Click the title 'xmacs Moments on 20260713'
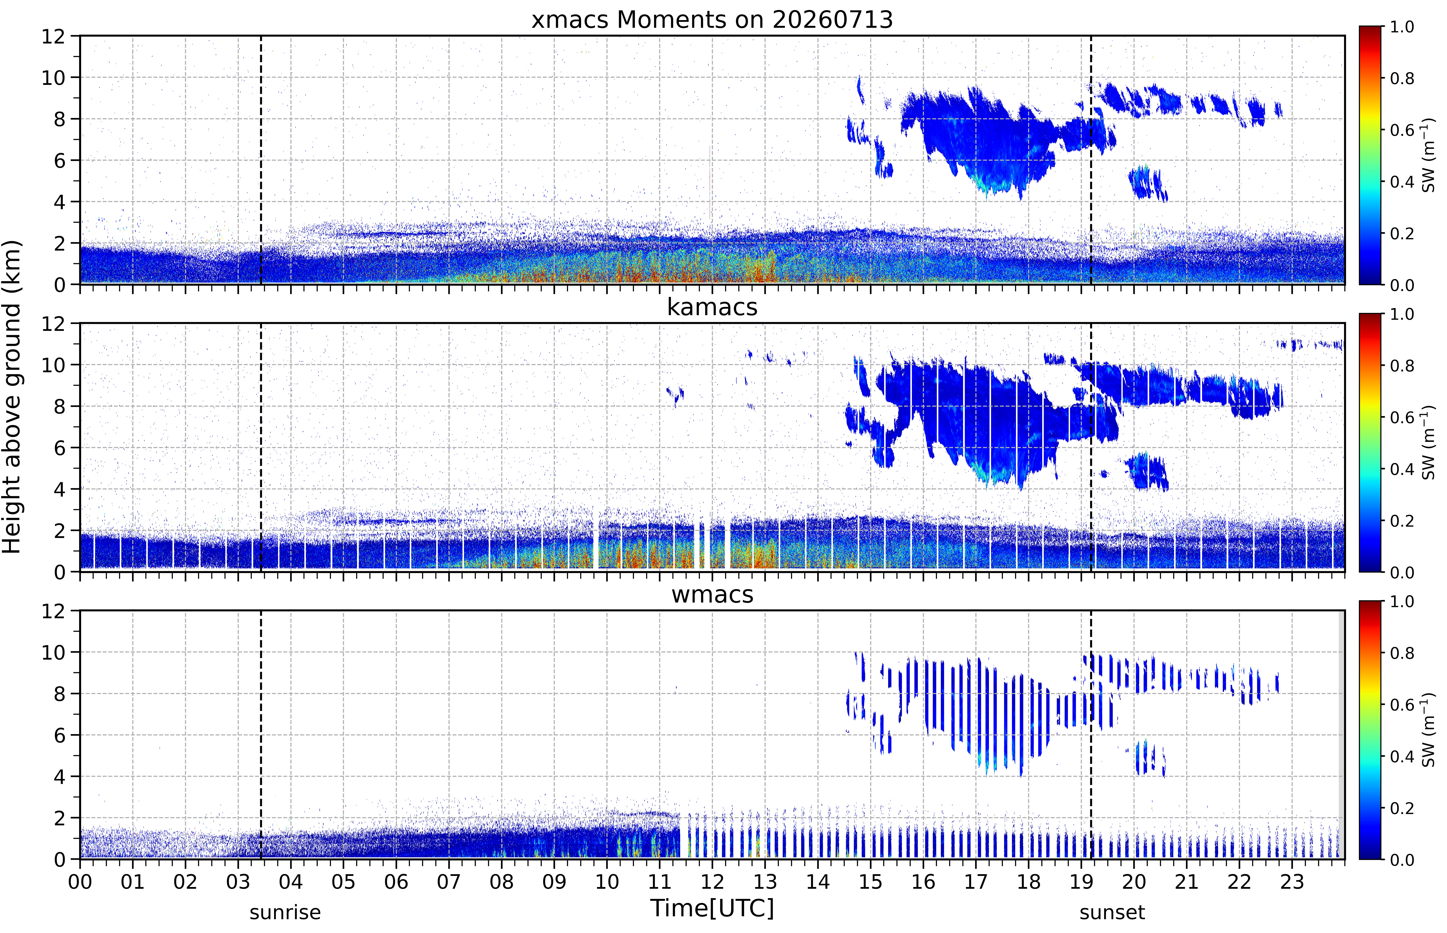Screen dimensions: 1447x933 pos(712,20)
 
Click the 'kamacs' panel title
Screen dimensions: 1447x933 pos(712,307)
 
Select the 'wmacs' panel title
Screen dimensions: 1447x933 pos(712,594)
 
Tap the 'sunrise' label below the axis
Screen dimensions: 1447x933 pos(285,912)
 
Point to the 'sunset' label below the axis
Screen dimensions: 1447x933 pos(1112,912)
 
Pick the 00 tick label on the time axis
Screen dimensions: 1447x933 pos(80,881)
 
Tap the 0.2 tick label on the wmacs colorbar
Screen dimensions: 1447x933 pos(1402,808)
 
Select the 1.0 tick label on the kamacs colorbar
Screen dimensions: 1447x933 pos(1402,314)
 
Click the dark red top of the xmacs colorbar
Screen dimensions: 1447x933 pos(1369,30)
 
